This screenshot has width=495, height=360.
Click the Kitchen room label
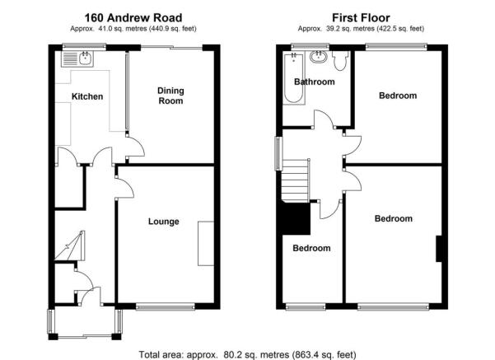coord(87,96)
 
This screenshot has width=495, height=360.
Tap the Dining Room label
coord(170,96)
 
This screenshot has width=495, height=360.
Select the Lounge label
coord(164,222)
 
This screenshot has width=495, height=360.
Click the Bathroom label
coord(314,82)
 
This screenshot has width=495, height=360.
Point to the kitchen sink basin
coord(85,58)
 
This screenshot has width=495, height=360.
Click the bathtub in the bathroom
coord(294,78)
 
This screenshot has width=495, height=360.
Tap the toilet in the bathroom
coord(340,60)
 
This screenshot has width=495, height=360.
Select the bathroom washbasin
coord(318,57)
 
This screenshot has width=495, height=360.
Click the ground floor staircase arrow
coord(68,245)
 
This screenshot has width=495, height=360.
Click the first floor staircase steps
coord(295,180)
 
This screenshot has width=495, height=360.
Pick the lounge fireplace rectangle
coord(206,244)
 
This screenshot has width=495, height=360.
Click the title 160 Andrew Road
coord(133,17)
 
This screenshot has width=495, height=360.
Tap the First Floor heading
coord(361,17)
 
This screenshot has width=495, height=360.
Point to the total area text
coord(247,354)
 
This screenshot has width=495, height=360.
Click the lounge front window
coord(165,306)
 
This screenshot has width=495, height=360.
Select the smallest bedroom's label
coord(311,248)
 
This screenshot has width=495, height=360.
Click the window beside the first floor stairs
coord(278,153)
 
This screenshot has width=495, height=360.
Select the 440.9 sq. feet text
coord(173,29)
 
